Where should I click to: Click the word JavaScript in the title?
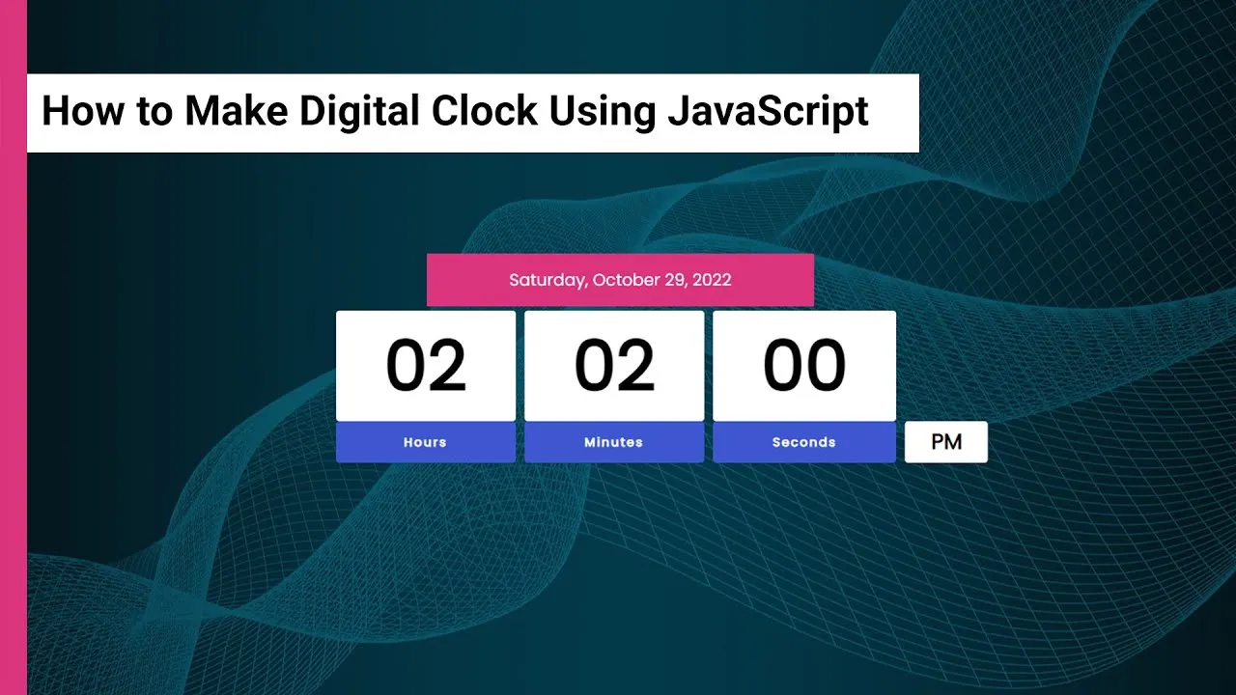(768, 111)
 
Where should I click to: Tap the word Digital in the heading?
(359, 111)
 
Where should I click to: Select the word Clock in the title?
(484, 110)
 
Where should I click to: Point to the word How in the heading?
(83, 110)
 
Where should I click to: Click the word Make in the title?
(237, 110)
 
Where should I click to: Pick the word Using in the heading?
(602, 111)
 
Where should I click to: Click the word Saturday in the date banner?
(548, 280)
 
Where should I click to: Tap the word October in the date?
(626, 280)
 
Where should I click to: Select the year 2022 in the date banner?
(712, 280)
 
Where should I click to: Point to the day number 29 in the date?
(675, 280)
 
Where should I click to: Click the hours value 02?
(426, 365)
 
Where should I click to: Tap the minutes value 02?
(615, 365)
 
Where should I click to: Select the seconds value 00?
(804, 365)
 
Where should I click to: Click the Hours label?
(425, 442)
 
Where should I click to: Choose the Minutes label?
(613, 442)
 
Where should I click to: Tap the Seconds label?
(804, 442)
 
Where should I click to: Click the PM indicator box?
(946, 442)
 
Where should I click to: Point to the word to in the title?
(154, 111)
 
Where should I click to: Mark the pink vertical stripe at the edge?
(14, 347)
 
